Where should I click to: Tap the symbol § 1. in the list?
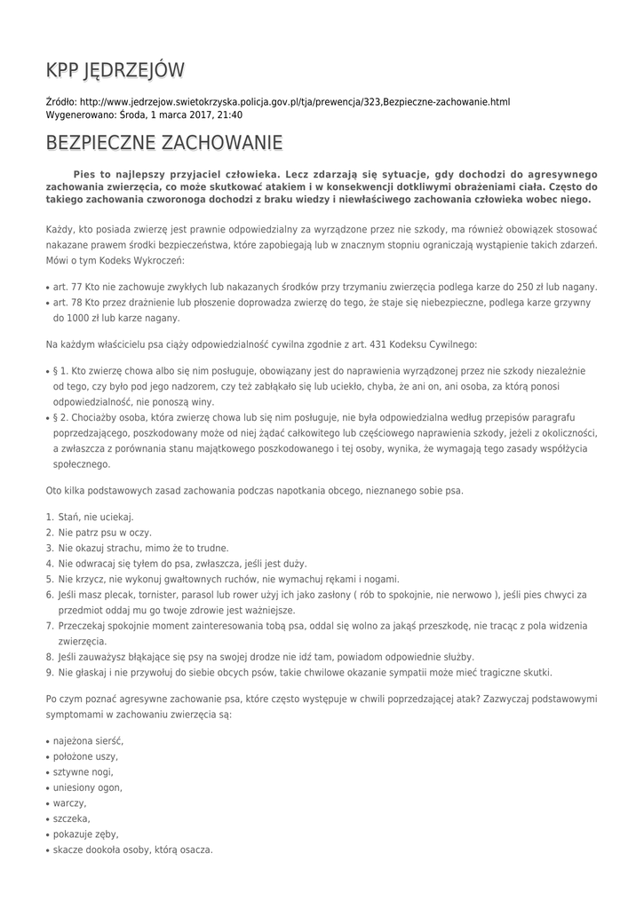pyautogui.click(x=60, y=369)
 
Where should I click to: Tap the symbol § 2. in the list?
pyautogui.click(x=60, y=416)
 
